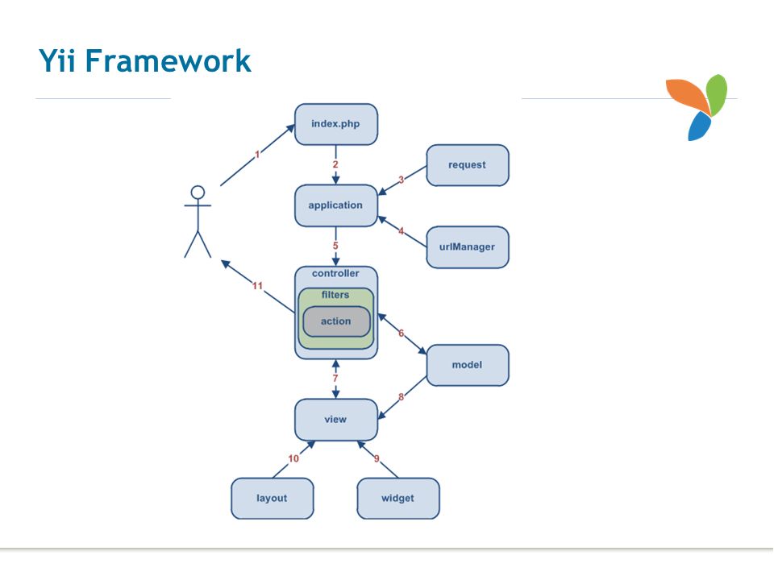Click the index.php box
pyautogui.click(x=336, y=124)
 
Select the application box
pyautogui.click(x=336, y=205)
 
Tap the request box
pyautogui.click(x=468, y=165)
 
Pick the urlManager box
pyautogui.click(x=468, y=247)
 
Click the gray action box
pyautogui.click(x=336, y=321)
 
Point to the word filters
pyautogui.click(x=335, y=295)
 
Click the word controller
pyautogui.click(x=335, y=273)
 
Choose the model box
pyautogui.click(x=468, y=365)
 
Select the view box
pyautogui.click(x=336, y=420)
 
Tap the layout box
pyautogui.click(x=272, y=499)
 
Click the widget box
pyautogui.click(x=397, y=499)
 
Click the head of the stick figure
pyautogui.click(x=198, y=193)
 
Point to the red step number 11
pyautogui.click(x=257, y=286)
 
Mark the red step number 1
pyautogui.click(x=257, y=155)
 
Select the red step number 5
pyautogui.click(x=335, y=246)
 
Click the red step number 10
pyautogui.click(x=293, y=458)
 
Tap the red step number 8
pyautogui.click(x=402, y=396)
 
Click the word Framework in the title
pyautogui.click(x=169, y=60)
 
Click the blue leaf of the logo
pyautogui.click(x=699, y=126)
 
